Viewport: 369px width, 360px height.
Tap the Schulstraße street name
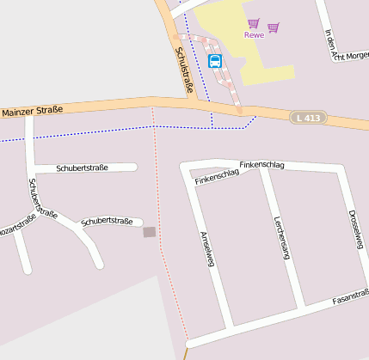tap(184, 69)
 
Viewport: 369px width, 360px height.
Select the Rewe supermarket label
tap(253, 35)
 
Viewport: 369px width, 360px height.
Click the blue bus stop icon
tap(215, 61)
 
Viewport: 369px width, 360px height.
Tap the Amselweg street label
tap(206, 248)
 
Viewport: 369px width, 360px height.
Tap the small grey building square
tap(150, 232)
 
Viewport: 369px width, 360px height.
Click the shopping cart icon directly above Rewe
tap(253, 23)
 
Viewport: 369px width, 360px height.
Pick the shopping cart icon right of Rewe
tap(274, 27)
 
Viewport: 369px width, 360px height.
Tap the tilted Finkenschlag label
tap(217, 177)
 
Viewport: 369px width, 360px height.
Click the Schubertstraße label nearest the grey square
tap(107, 222)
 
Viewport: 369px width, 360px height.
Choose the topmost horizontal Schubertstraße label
tap(82, 168)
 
